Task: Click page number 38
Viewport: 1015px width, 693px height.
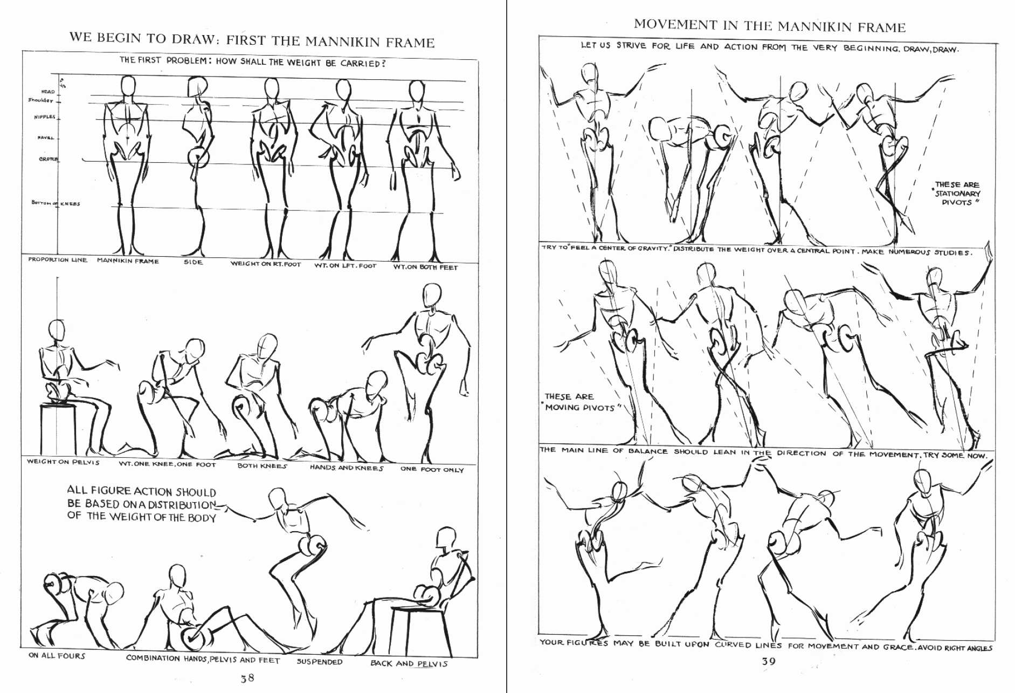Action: (247, 678)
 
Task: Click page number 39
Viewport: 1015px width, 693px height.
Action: (769, 662)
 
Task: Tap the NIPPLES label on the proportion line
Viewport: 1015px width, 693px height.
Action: (44, 117)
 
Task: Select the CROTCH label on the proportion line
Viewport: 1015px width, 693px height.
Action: (48, 159)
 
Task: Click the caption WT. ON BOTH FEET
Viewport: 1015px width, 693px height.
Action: (425, 267)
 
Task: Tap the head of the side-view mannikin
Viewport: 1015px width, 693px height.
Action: (197, 87)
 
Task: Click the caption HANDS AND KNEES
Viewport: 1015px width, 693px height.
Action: (346, 468)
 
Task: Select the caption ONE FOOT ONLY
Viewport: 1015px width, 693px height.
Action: (432, 470)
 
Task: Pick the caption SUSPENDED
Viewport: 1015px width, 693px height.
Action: (320, 662)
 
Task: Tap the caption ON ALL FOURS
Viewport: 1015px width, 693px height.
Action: (57, 656)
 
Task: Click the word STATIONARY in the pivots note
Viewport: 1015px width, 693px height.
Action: (958, 194)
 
